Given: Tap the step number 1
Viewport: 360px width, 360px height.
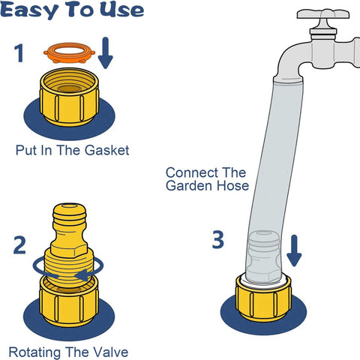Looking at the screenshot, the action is pyautogui.click(x=19, y=53).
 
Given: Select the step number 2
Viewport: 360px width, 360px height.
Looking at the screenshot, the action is pyautogui.click(x=19, y=245).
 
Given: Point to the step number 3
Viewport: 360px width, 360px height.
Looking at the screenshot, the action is pyautogui.click(x=218, y=239).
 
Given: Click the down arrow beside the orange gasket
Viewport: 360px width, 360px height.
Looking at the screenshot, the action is pyautogui.click(x=106, y=53).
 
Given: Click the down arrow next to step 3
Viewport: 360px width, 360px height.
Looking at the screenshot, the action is pyautogui.click(x=294, y=250).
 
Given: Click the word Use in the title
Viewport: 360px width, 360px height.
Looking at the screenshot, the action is pyautogui.click(x=121, y=10).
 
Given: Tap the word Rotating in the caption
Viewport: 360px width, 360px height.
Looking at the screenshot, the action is pyautogui.click(x=34, y=352).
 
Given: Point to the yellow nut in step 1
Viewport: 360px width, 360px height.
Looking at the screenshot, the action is pyautogui.click(x=69, y=97).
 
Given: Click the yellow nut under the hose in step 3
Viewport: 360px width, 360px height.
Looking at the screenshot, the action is pyautogui.click(x=263, y=298).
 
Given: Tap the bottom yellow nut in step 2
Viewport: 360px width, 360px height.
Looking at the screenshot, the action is pyautogui.click(x=69, y=301).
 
